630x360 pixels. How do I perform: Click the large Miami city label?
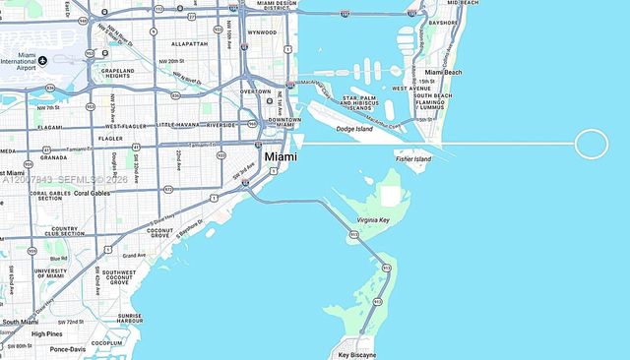pos(281,157)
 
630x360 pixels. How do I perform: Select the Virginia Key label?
pos(379,220)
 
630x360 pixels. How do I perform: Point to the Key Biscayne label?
pos(356,354)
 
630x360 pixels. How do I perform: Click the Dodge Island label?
pos(354,129)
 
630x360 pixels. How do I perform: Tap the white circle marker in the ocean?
pos(591,145)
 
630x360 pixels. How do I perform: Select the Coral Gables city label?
pos(92,193)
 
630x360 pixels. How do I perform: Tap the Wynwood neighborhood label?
pos(262,32)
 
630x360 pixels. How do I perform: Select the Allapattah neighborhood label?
pos(188,44)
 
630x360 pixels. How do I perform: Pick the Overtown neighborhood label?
pos(255,91)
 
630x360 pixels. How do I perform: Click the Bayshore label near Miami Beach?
pos(443,22)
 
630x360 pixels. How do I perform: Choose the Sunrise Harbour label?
pos(130,318)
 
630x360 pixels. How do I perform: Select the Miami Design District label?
pos(273,6)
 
